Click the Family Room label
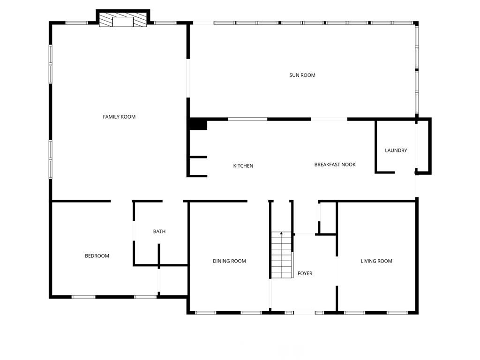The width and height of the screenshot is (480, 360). tap(119, 117)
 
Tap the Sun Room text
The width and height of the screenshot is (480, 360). tap(302, 75)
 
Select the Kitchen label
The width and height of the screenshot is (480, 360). tap(243, 166)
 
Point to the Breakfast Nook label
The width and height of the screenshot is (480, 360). tap(335, 165)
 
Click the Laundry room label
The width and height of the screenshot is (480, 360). tap(396, 150)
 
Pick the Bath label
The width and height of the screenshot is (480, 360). tap(159, 232)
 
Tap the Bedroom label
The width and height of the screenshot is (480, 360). tap(97, 256)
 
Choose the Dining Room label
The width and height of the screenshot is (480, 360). tap(229, 261)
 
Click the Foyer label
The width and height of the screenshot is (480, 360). tap(305, 273)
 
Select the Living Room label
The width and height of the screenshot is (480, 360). tap(376, 261)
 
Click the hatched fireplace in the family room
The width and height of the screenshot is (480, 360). tap(123, 21)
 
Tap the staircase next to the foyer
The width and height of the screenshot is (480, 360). tap(282, 255)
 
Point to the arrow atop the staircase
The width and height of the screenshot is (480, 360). tap(281, 233)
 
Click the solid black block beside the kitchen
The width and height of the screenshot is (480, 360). tap(197, 124)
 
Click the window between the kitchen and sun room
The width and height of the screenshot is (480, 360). tap(247, 119)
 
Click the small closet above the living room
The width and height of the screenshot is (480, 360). tap(328, 217)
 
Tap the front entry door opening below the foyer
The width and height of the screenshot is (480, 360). tap(304, 312)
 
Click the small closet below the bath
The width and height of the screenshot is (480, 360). tap(173, 281)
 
